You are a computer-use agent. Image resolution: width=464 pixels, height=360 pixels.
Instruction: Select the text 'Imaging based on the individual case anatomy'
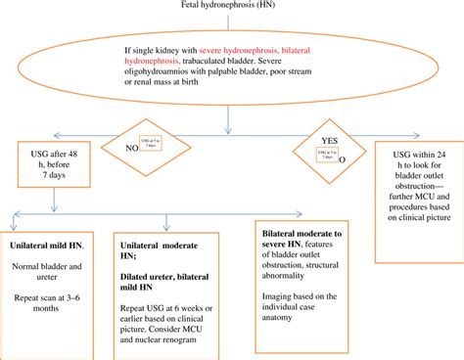[304, 312]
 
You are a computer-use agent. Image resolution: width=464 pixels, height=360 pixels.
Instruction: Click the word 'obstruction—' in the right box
[415, 192]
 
